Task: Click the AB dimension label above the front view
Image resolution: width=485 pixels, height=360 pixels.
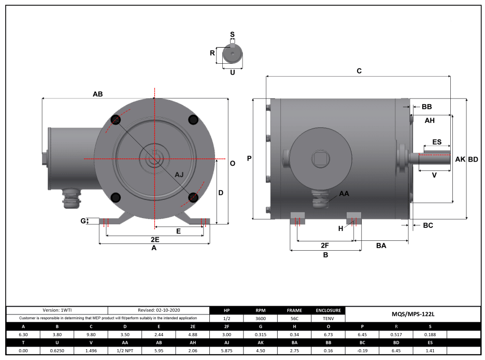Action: pos(97,94)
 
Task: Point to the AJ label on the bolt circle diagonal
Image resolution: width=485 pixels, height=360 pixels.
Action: pos(179,175)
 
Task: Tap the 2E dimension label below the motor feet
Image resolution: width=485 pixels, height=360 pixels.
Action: pos(154,240)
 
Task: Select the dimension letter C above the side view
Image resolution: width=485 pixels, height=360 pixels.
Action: pos(359,71)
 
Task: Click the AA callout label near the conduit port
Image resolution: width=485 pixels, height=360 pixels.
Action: pos(344,193)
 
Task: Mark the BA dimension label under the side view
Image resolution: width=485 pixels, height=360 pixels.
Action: pos(381,246)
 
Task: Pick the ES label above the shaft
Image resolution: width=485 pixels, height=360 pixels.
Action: pos(437,142)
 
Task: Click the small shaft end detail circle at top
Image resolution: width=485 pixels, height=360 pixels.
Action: pos(233,53)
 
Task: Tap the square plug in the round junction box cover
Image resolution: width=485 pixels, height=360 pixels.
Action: pos(320,158)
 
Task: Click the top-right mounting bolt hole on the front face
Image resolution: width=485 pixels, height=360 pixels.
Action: pos(193,120)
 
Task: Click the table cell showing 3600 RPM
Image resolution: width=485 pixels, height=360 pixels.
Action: pos(260,319)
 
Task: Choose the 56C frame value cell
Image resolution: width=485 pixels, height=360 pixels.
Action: pos(294,319)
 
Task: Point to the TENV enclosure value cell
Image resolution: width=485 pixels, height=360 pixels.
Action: pos(327,319)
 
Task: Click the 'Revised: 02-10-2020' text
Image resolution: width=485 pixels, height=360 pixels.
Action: pos(159,310)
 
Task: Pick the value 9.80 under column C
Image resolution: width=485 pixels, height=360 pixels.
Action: pos(91,335)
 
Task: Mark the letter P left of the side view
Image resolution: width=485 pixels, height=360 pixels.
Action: pos(249,159)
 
